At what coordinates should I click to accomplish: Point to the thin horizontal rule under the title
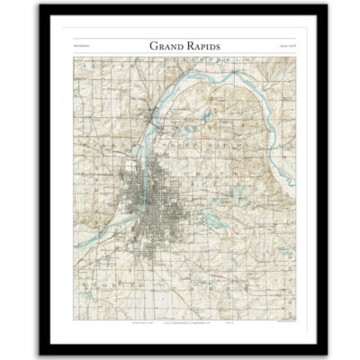click(180, 55)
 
